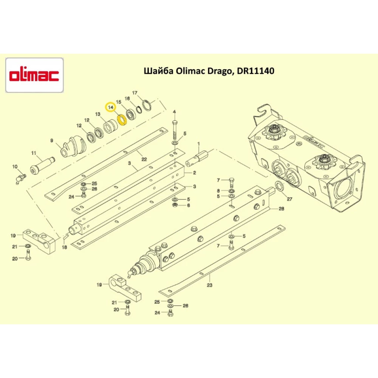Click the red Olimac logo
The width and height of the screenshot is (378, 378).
tap(34, 75)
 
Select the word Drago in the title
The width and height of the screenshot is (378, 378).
tap(221, 71)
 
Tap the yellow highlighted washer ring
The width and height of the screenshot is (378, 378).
tap(122, 120)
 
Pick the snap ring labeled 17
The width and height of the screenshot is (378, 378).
tap(147, 105)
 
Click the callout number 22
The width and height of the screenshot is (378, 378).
tap(144, 159)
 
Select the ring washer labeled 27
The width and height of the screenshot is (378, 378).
tap(279, 186)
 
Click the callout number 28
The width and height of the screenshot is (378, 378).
tap(281, 209)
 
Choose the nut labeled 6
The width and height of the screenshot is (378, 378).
tap(175, 205)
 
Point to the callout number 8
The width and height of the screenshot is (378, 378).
tap(218, 191)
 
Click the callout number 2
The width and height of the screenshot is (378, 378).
tap(194, 173)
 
